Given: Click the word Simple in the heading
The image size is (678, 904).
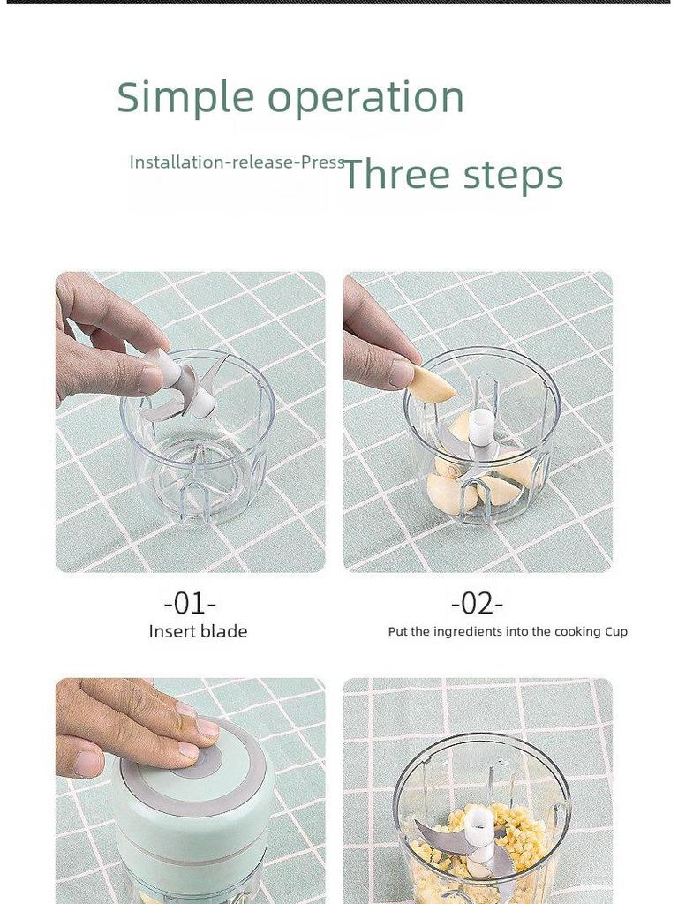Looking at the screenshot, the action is [x=185, y=97].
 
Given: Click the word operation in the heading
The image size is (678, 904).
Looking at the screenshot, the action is [x=365, y=97].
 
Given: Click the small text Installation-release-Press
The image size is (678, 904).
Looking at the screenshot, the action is [x=237, y=162].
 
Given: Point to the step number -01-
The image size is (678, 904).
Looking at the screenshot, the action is [x=190, y=604].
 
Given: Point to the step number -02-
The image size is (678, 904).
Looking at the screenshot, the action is [x=477, y=604].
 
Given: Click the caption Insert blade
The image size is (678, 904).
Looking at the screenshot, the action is [x=198, y=631].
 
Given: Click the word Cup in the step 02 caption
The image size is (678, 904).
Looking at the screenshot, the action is [x=615, y=632].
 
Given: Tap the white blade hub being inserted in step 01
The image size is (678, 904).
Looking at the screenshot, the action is [x=185, y=381].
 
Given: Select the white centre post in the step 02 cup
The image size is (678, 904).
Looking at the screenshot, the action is [x=479, y=426].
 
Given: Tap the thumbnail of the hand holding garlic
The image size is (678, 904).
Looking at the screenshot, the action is [x=402, y=373].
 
